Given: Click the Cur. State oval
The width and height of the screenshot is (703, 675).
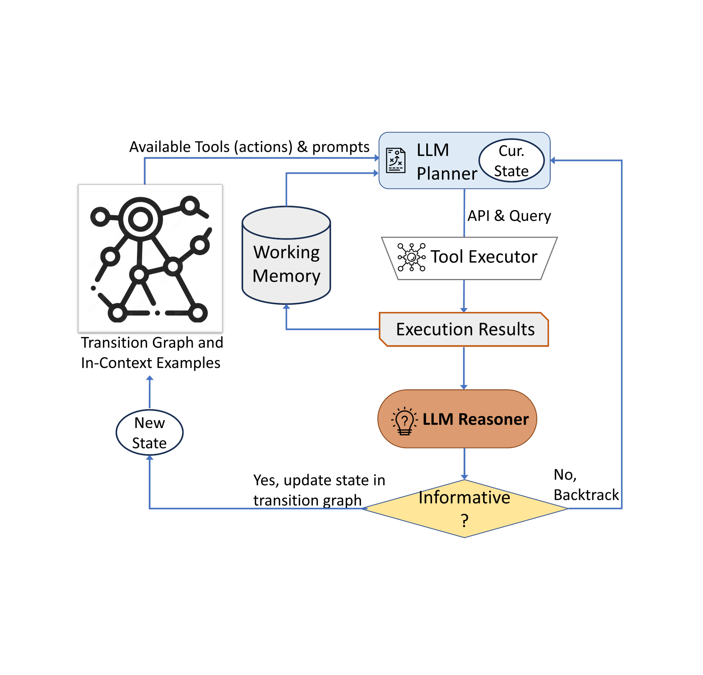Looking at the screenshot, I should (511, 160).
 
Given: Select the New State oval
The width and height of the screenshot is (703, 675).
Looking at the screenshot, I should (150, 432).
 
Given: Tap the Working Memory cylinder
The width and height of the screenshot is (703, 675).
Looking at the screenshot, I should (286, 264).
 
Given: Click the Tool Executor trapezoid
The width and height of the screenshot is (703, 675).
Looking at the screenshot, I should (469, 258).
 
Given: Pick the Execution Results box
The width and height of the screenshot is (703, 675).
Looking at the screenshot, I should (464, 329).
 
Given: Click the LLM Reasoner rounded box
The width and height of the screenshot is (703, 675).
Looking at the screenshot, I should (457, 418).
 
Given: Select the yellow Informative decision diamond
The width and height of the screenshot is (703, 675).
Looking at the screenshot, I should (465, 508).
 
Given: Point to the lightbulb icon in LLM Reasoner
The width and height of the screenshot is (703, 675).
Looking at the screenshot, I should (404, 421).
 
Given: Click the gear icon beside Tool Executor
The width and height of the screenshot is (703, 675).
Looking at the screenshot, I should (411, 257).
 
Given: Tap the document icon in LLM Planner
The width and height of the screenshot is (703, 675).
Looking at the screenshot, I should (396, 160).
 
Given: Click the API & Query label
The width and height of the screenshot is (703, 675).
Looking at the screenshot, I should (509, 215).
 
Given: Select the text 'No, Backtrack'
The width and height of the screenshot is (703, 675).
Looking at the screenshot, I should (585, 485).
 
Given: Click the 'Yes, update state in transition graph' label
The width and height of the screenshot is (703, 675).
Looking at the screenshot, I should (319, 490).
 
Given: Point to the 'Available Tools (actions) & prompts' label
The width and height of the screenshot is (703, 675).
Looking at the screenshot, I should (249, 147).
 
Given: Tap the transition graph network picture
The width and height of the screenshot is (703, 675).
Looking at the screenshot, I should (150, 258).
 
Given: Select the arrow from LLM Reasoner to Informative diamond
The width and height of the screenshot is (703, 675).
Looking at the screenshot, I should (465, 463).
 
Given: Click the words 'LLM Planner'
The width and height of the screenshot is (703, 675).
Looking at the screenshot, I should (447, 161).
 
